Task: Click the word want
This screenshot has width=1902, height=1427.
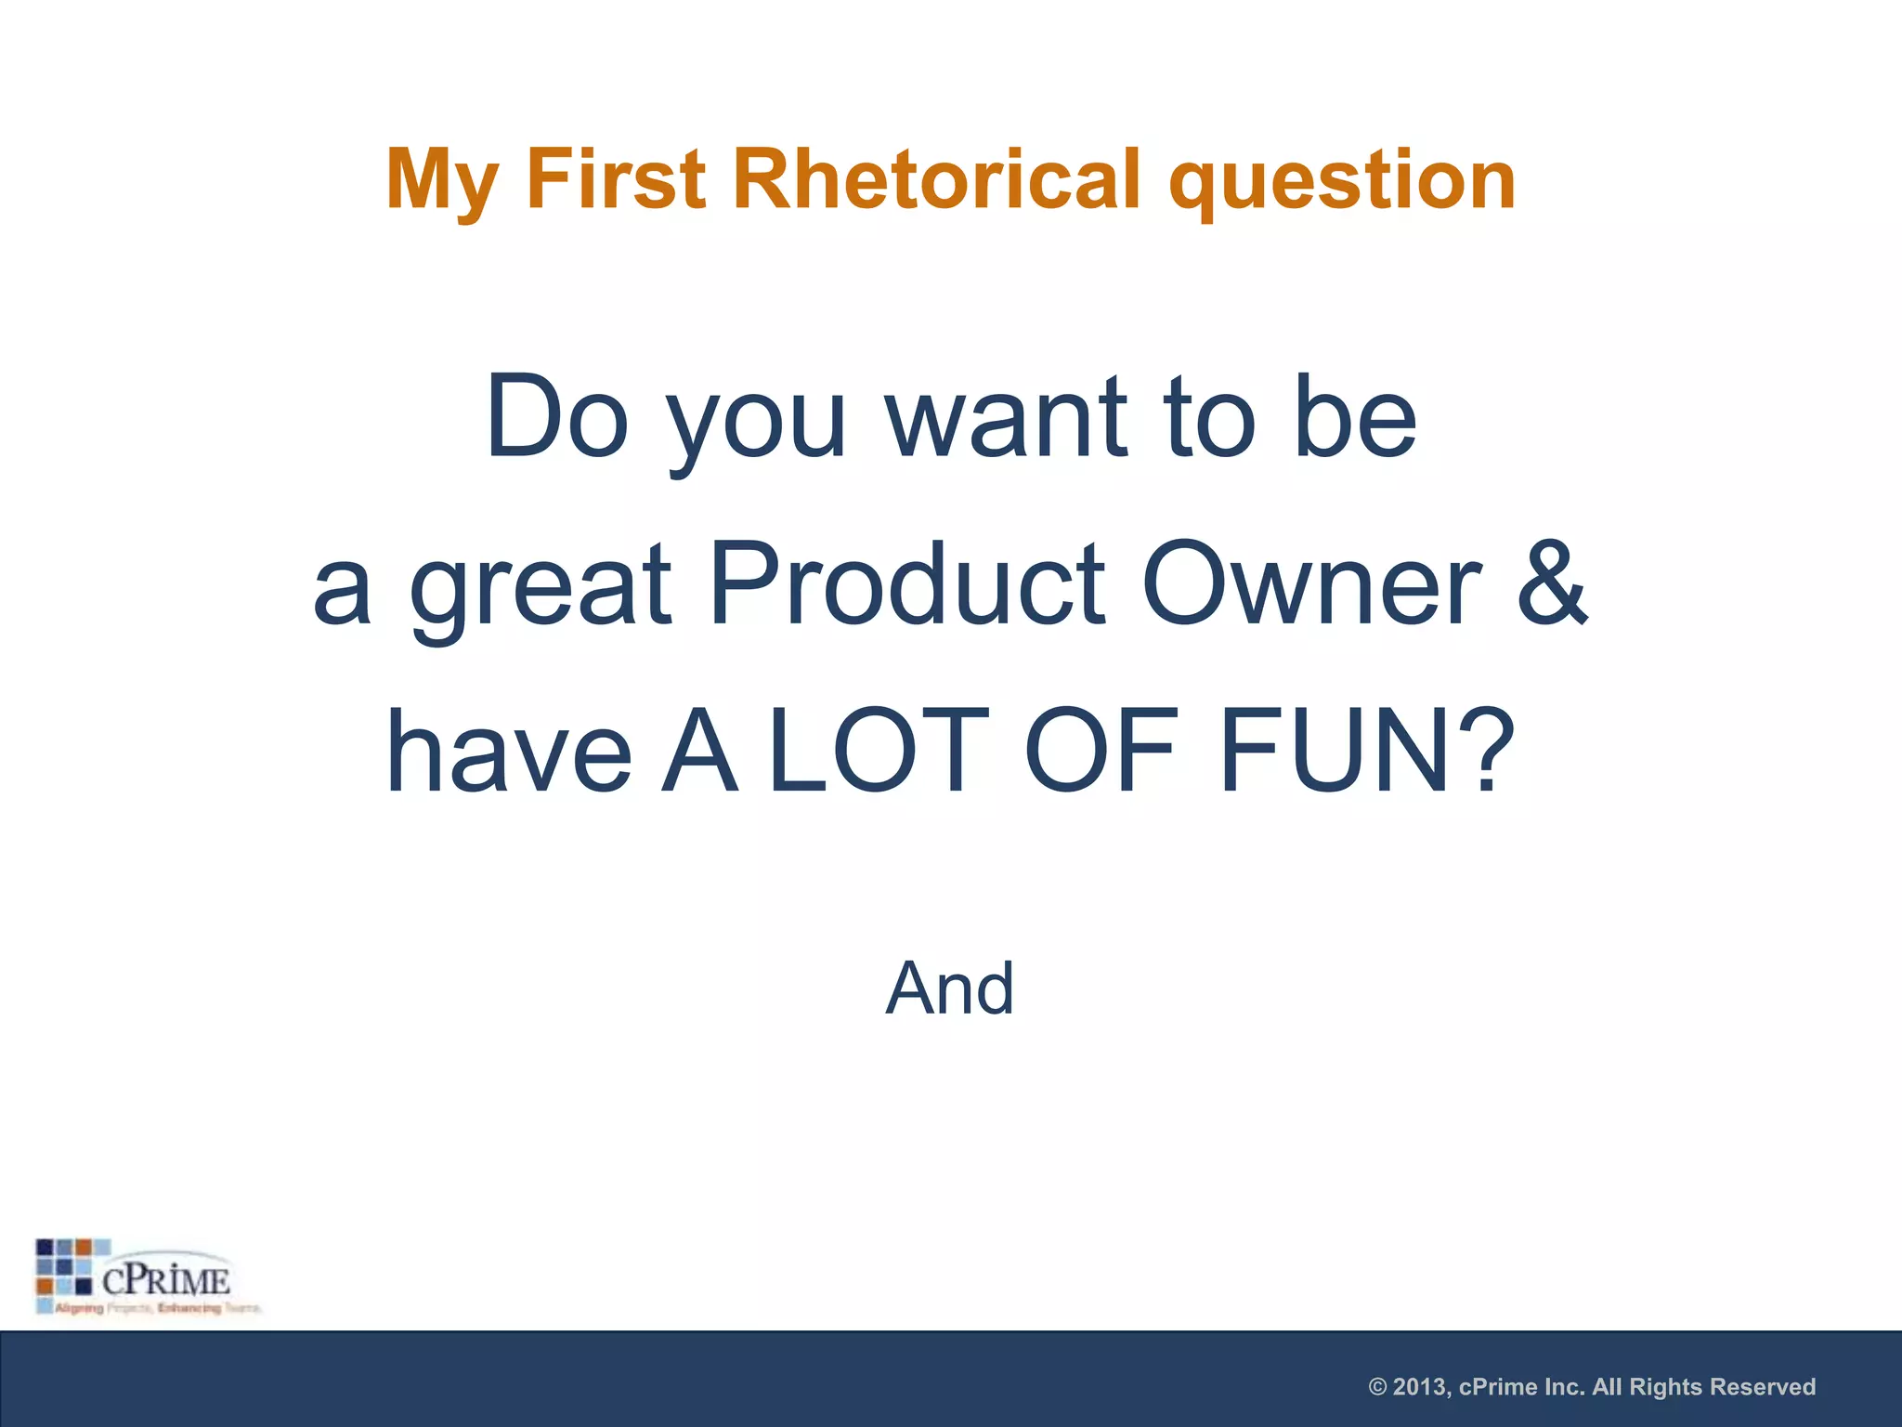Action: click(1007, 418)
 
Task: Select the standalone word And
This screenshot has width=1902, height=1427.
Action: click(950, 988)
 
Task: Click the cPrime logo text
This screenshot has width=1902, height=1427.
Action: click(165, 1281)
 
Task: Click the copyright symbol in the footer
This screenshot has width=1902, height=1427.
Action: click(1378, 1387)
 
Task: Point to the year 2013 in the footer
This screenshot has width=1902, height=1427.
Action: click(1421, 1387)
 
